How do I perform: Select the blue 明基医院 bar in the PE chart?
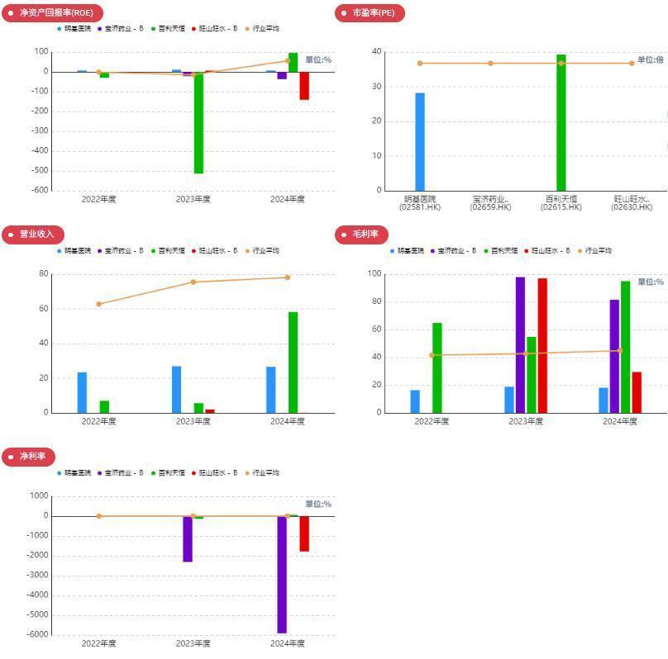click(x=420, y=141)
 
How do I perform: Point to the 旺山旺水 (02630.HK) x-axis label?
click(x=632, y=203)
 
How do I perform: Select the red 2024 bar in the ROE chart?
click(x=304, y=86)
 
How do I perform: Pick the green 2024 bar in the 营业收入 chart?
click(x=293, y=362)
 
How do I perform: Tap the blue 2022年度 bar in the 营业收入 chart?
click(x=82, y=392)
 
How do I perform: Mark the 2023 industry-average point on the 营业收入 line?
click(x=193, y=282)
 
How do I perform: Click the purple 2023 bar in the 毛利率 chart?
click(x=520, y=344)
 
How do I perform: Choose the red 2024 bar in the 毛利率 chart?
click(x=637, y=392)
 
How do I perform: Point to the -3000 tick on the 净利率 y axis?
click(x=38, y=576)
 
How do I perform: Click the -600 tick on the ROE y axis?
click(x=39, y=190)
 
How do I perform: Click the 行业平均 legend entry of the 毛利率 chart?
click(x=595, y=251)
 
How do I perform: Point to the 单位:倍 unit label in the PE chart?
click(x=650, y=60)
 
